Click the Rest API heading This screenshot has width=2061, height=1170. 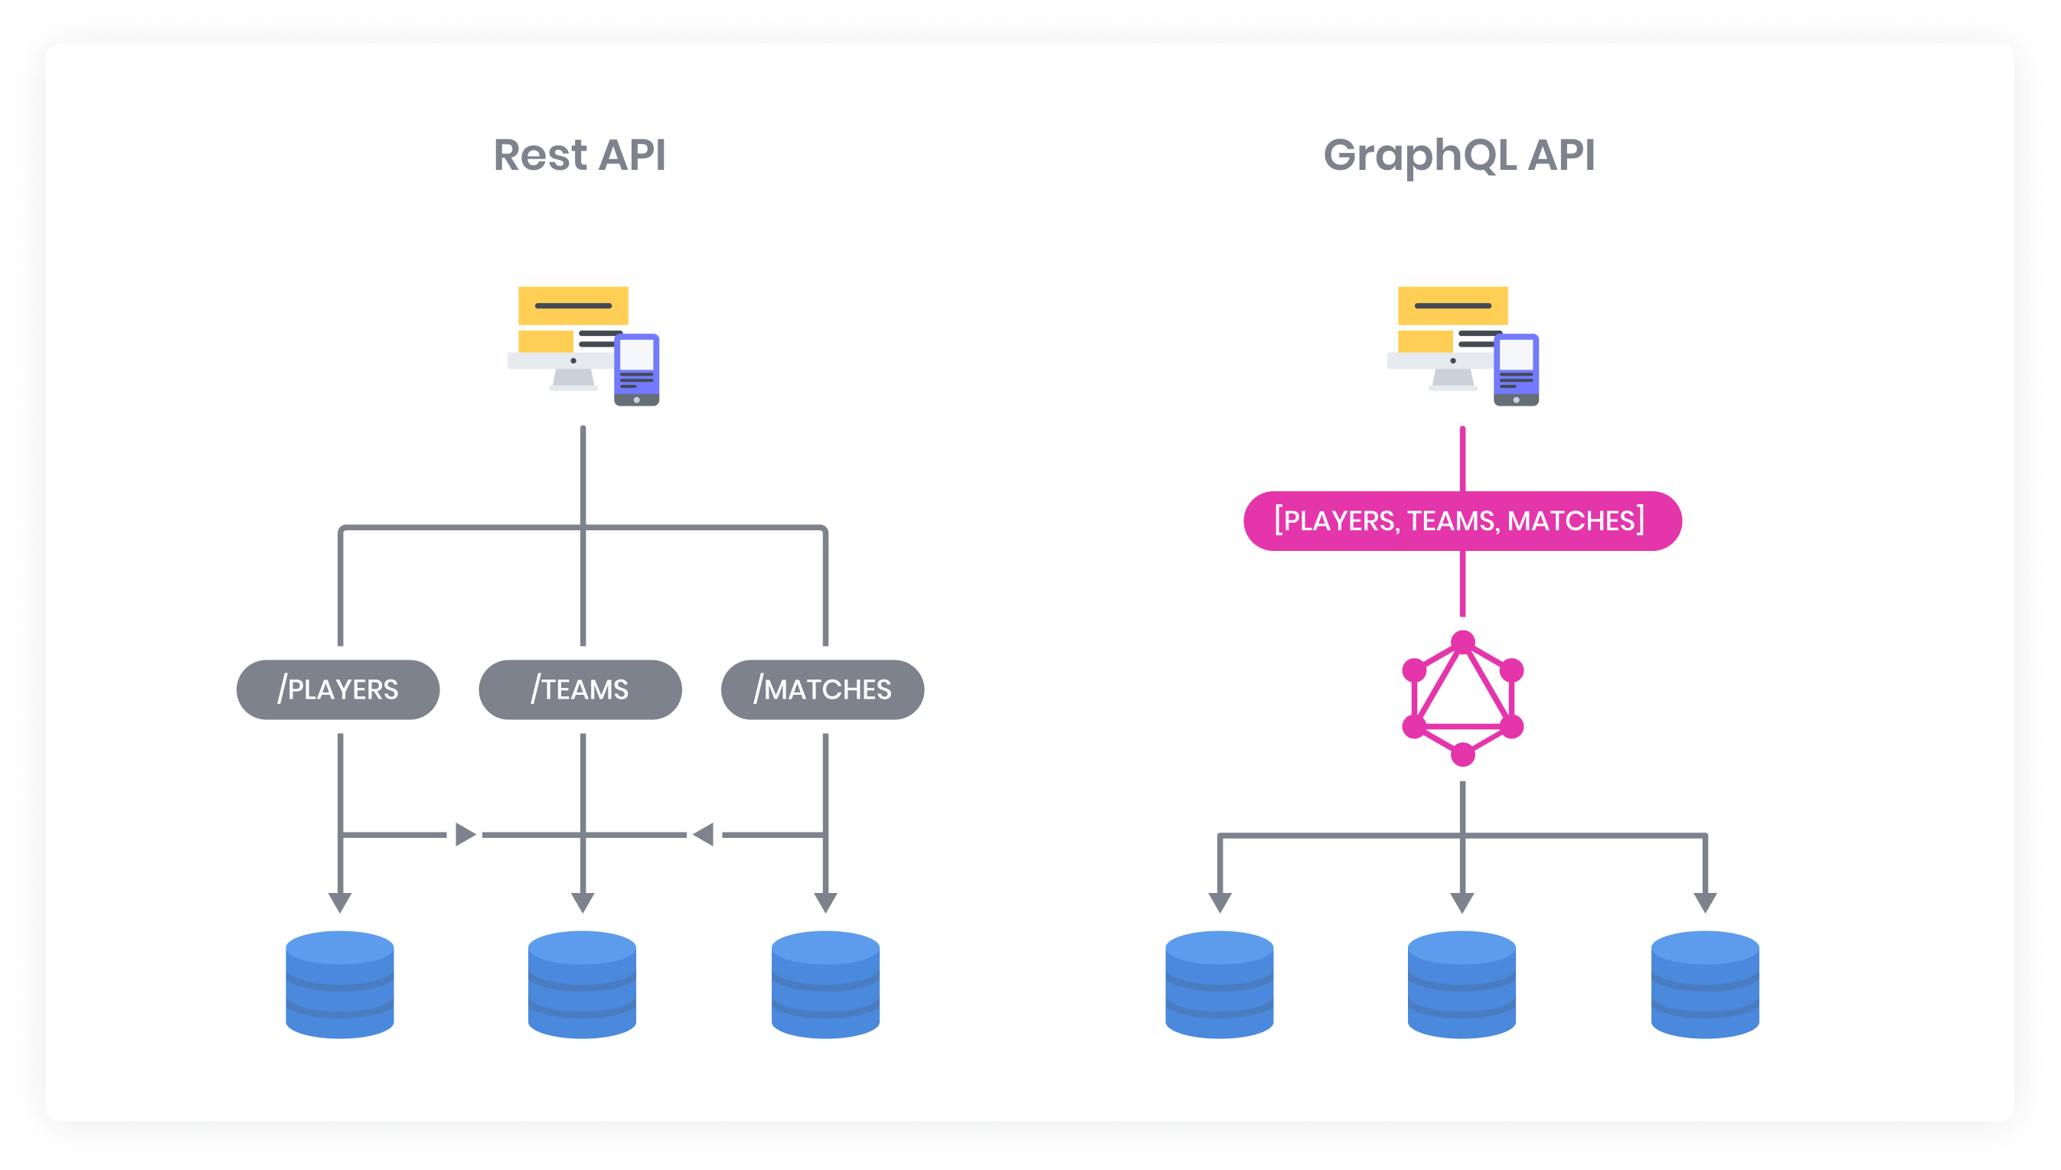580,155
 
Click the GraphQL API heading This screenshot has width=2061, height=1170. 1459,155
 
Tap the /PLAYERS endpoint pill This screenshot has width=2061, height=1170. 338,689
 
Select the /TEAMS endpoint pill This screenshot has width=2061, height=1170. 580,689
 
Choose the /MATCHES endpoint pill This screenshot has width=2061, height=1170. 822,689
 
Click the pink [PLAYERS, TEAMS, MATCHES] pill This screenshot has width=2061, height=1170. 1462,520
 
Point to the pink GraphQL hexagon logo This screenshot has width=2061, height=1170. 1463,698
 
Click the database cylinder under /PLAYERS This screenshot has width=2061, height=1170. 340,984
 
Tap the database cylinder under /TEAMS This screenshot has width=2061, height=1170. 582,984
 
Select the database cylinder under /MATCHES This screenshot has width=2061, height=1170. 825,984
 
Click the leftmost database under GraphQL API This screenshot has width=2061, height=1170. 1220,984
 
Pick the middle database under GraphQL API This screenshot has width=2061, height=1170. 1462,984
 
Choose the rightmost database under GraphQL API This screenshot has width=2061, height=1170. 1705,984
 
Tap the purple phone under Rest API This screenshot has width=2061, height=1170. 637,370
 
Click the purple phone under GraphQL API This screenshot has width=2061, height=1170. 1516,370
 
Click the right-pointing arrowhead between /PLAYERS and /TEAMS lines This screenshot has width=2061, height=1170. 465,834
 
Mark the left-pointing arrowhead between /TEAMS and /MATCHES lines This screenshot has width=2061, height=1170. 704,834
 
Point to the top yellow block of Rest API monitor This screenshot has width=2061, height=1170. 573,305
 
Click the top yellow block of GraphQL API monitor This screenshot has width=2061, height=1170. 1452,305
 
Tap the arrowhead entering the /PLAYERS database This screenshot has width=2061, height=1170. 340,901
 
